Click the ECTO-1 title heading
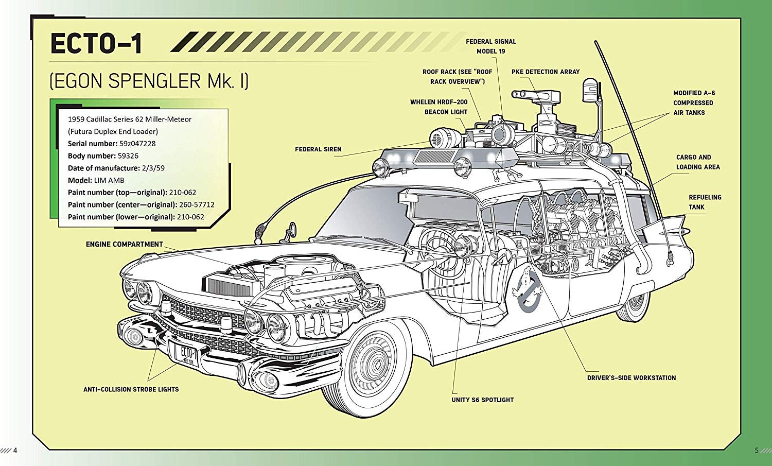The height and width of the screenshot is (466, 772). (x=96, y=43)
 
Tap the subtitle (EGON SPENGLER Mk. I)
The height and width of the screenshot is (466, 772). (x=149, y=81)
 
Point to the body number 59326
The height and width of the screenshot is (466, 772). (x=128, y=156)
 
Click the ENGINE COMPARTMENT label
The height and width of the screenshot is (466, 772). (x=124, y=245)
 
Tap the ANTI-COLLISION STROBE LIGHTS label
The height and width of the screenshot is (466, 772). (x=131, y=390)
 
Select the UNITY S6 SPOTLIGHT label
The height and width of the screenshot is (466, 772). (x=482, y=400)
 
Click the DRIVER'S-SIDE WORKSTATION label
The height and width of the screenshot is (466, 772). (x=631, y=378)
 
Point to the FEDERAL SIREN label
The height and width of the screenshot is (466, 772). (x=318, y=149)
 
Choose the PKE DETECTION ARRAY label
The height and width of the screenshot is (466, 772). (x=545, y=72)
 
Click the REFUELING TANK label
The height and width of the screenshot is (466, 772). (x=705, y=202)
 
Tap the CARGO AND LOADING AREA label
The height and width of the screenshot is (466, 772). (x=697, y=162)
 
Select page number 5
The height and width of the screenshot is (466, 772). (x=756, y=451)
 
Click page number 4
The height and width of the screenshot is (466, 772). (x=15, y=451)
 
